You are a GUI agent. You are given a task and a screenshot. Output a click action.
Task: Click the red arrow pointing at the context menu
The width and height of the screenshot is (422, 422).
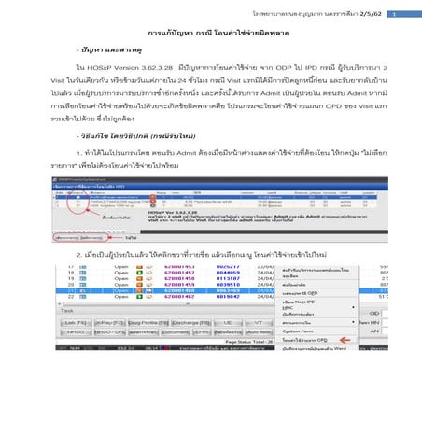[x=331, y=341]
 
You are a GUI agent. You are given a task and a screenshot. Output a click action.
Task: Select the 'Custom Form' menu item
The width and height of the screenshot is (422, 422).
[x=271, y=330]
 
